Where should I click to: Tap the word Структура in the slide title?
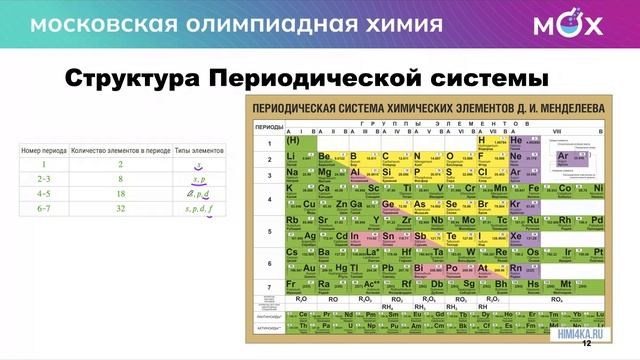tap(130, 77)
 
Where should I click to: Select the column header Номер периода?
tap(44, 149)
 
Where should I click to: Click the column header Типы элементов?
tap(199, 149)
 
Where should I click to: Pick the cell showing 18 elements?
tap(120, 194)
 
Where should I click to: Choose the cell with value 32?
tap(120, 209)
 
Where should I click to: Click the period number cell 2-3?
tap(44, 179)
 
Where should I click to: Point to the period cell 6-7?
tap(44, 209)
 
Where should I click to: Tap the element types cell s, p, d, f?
tap(199, 209)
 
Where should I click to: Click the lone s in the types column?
tap(199, 164)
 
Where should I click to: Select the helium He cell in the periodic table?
tap(517, 142)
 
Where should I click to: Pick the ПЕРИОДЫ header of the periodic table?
tap(268, 128)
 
